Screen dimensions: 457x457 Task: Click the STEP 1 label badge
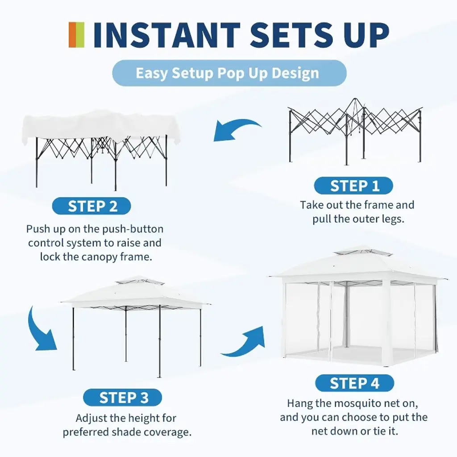[x=353, y=186]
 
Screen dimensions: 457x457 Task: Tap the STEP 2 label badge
[x=91, y=206]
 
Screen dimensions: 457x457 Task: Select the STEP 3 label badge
[x=122, y=398]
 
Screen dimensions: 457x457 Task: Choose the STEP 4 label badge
[x=355, y=383]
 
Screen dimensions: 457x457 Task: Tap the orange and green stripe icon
[x=77, y=35]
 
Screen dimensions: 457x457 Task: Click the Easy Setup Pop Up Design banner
[x=229, y=73]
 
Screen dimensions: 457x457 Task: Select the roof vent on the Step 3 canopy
[x=140, y=281]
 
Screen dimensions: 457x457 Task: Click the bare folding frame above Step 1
[x=355, y=131]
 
